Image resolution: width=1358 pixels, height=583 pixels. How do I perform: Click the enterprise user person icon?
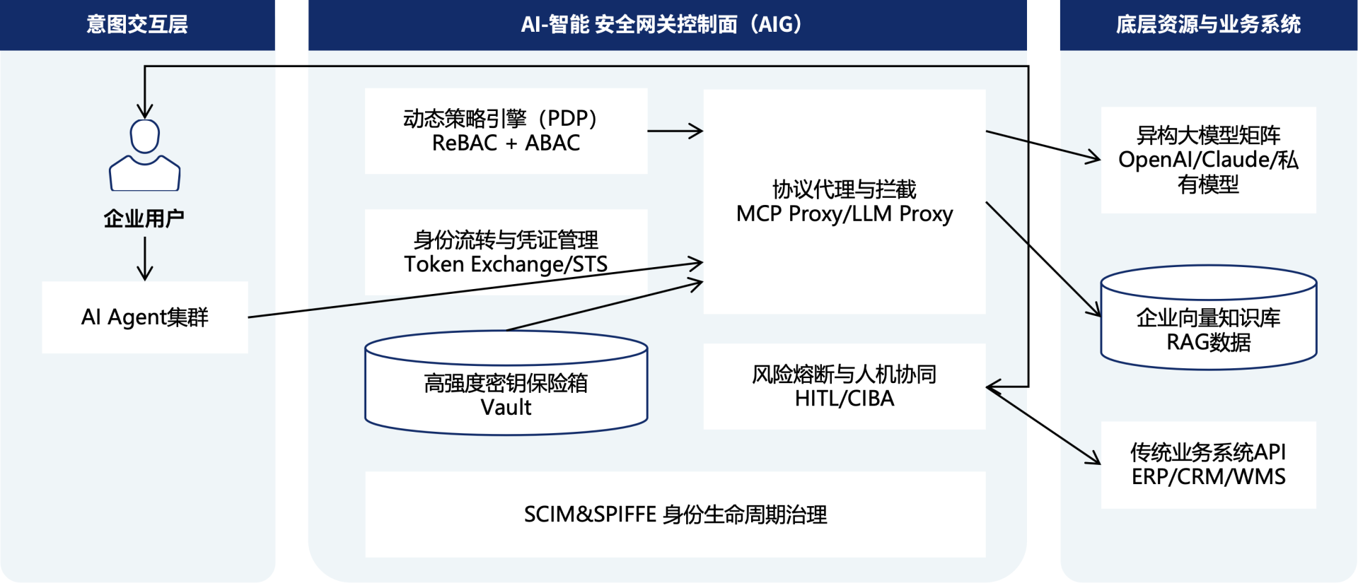pos(144,155)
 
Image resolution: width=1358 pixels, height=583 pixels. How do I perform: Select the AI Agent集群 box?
pos(145,317)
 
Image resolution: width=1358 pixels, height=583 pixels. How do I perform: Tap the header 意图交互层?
pos(137,25)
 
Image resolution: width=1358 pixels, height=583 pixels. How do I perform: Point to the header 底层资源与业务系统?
pos(1208,25)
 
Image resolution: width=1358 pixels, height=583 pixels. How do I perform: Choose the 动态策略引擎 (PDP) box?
pos(506,131)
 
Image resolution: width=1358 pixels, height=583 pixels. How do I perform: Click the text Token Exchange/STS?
pos(506,264)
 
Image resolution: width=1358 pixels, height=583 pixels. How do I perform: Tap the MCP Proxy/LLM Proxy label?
pos(844,213)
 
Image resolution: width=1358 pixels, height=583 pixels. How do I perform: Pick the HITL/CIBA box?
pos(844,387)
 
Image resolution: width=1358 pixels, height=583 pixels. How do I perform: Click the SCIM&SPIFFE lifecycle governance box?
pos(675,514)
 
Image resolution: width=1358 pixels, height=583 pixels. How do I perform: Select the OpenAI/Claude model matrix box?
pos(1208,160)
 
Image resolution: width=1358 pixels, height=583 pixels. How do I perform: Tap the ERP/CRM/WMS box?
pos(1208,465)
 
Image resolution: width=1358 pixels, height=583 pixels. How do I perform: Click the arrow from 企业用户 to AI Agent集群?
pos(145,258)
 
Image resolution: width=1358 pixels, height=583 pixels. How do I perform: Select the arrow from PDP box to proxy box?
pos(675,131)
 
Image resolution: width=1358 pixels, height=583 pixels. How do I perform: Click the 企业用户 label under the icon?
pos(144,218)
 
